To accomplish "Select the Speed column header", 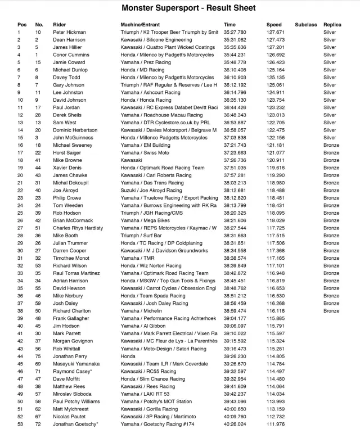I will pyautogui.click(x=274, y=25).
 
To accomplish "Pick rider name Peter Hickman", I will pyautogui.click(x=70, y=33).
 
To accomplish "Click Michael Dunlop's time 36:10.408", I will pyautogui.click(x=235, y=70).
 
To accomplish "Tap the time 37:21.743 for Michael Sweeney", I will pyautogui.click(x=235, y=145).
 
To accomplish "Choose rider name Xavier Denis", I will pyautogui.click(x=66, y=168).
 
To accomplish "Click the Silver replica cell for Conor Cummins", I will pyautogui.click(x=330, y=55).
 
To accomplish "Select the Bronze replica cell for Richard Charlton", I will pyautogui.click(x=331, y=310).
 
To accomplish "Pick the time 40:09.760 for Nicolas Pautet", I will pyautogui.click(x=235, y=416).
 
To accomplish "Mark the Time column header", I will pyautogui.click(x=229, y=25).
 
